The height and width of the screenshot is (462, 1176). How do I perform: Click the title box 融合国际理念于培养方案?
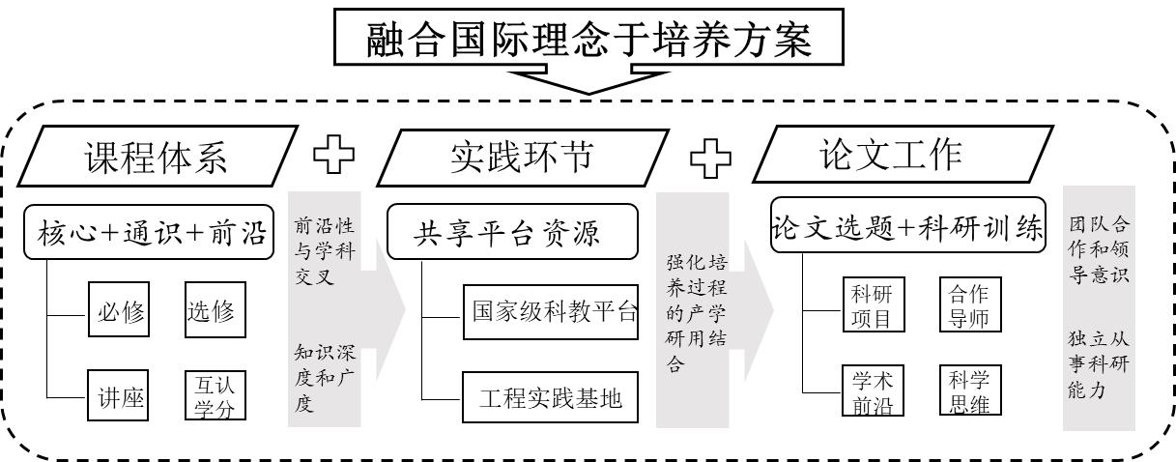pyautogui.click(x=588, y=39)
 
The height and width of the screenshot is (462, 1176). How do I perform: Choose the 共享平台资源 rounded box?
pyautogui.click(x=512, y=233)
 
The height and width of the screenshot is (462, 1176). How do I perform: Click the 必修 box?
pyautogui.click(x=117, y=311)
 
